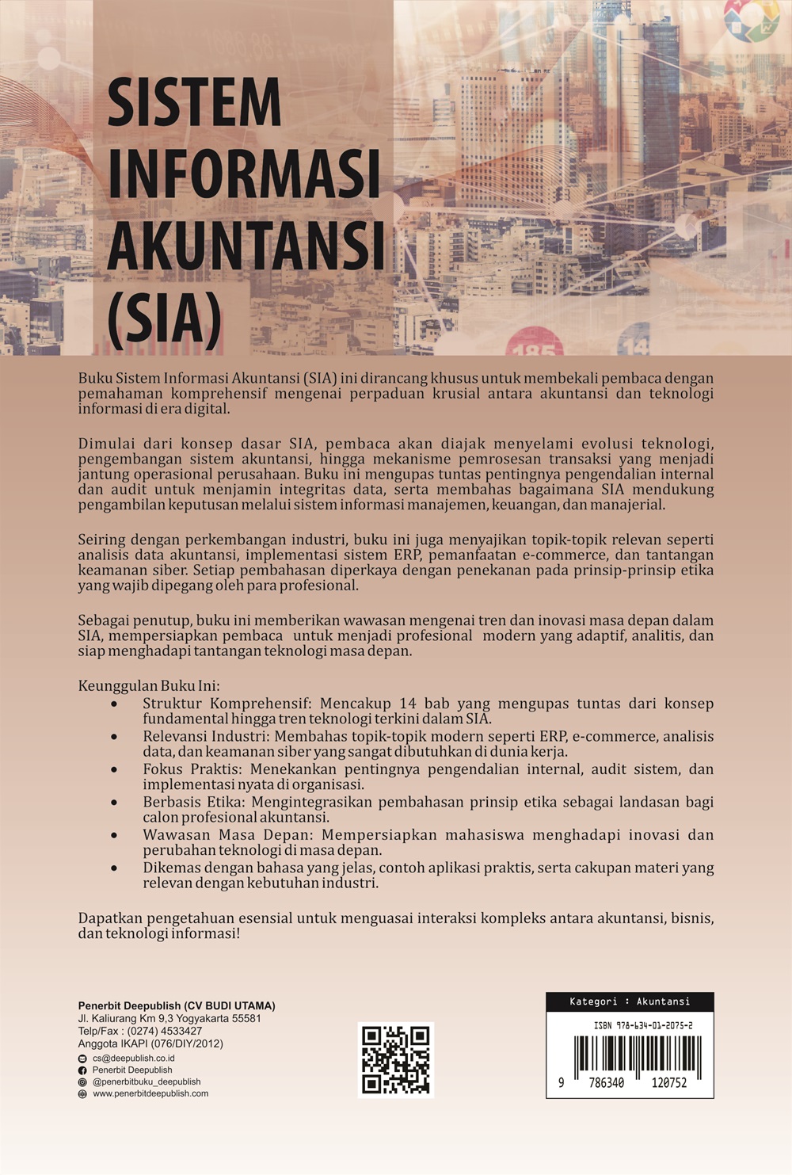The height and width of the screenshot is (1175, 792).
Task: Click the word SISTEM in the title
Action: point(194,102)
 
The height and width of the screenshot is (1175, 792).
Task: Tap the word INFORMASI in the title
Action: point(243,173)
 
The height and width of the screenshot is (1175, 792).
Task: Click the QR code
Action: point(396,1059)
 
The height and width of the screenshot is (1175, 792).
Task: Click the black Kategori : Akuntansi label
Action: point(630,1001)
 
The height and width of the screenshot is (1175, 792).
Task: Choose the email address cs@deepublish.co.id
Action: point(133,1058)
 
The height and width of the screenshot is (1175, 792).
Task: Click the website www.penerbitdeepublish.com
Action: point(150,1093)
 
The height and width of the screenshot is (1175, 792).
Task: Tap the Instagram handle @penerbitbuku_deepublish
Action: point(147,1082)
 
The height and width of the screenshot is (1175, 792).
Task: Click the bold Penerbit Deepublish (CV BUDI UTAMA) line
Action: point(177,1005)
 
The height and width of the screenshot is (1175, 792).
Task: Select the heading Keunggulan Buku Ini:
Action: point(149,686)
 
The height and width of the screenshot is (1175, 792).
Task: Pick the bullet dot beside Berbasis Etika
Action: point(115,803)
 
